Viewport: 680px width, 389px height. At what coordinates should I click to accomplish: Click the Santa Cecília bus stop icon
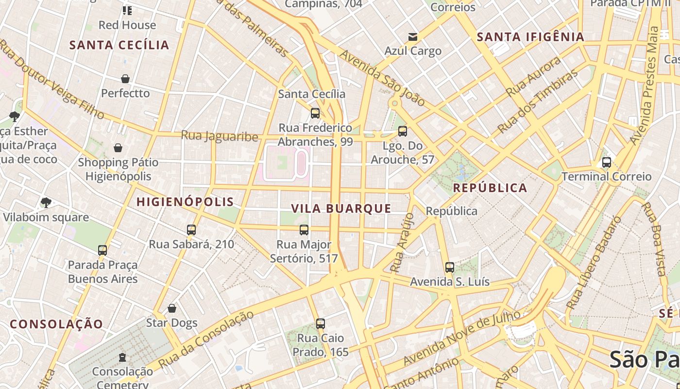[x=315, y=113]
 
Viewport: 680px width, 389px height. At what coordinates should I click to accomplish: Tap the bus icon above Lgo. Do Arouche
[x=402, y=131]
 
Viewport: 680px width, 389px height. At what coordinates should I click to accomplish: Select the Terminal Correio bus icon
[x=606, y=162]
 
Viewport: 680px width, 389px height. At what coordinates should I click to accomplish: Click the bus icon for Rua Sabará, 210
[x=191, y=230]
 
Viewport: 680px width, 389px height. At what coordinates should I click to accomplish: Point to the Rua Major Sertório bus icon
[x=304, y=230]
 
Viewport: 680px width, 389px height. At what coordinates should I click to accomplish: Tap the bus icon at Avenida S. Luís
[x=450, y=267]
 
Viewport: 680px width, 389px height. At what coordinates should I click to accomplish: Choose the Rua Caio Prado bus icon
[x=320, y=324]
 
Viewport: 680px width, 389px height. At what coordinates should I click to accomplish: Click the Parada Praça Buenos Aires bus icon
[x=102, y=250]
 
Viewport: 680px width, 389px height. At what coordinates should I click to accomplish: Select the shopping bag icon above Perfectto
[x=125, y=79]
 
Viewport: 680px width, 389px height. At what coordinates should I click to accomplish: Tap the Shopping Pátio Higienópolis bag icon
[x=118, y=148]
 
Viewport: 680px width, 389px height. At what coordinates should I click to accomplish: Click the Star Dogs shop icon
[x=171, y=308]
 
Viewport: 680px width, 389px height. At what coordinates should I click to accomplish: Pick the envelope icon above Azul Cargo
[x=413, y=37]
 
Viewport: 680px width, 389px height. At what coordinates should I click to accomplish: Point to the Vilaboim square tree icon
[x=46, y=203]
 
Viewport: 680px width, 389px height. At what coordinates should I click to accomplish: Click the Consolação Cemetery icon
[x=122, y=358]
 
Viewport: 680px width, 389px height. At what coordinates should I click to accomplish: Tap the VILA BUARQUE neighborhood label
[x=341, y=209]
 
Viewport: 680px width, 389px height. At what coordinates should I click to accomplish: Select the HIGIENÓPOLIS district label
[x=185, y=202]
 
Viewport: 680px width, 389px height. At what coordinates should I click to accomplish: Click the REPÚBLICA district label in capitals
[x=490, y=188]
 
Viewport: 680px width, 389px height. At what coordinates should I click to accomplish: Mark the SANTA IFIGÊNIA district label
[x=530, y=37]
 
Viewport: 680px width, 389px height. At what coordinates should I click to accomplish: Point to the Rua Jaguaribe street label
[x=220, y=136]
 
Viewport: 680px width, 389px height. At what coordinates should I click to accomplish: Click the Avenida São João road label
[x=382, y=78]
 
